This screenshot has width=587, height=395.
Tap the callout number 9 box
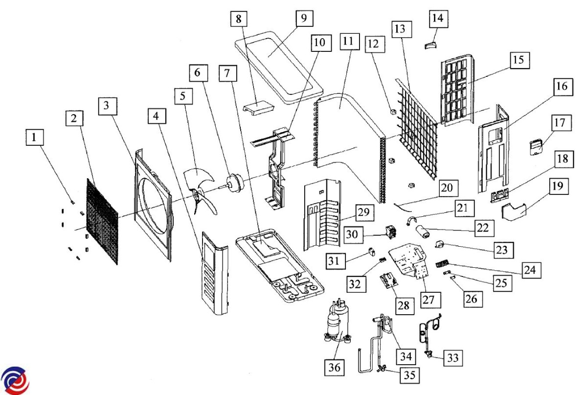click(x=303, y=19)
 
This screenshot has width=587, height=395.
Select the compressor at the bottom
click(x=337, y=323)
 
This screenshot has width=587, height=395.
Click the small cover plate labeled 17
click(x=537, y=146)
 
